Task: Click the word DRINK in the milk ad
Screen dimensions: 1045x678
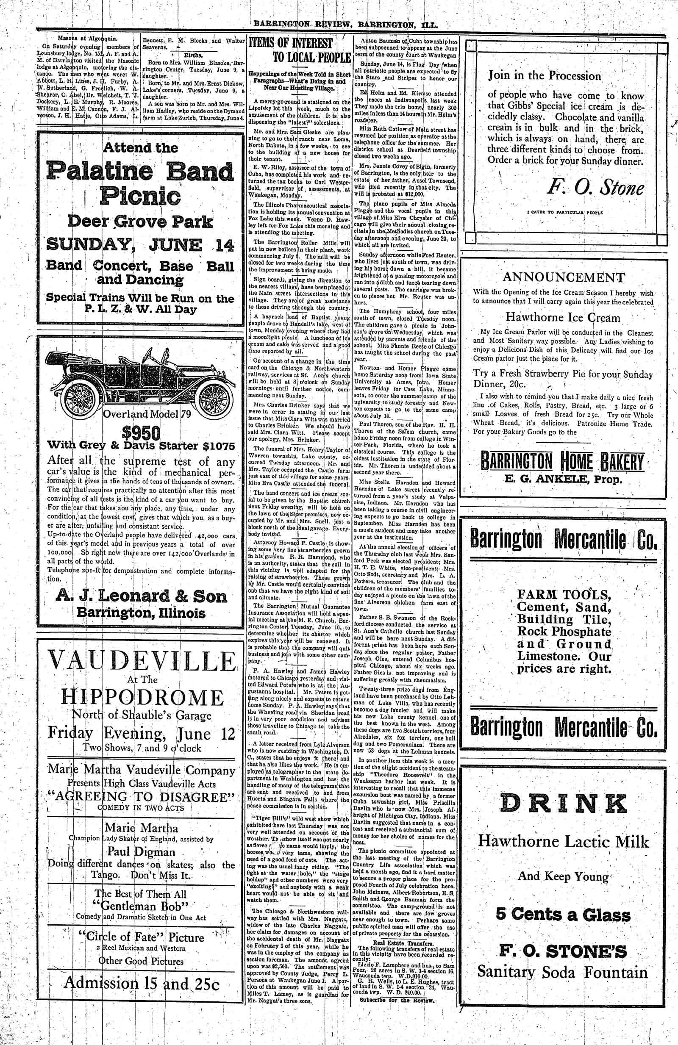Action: (x=564, y=803)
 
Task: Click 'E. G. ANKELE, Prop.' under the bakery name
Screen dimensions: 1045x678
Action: (x=564, y=478)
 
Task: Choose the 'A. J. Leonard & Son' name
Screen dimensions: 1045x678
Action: (x=142, y=596)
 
